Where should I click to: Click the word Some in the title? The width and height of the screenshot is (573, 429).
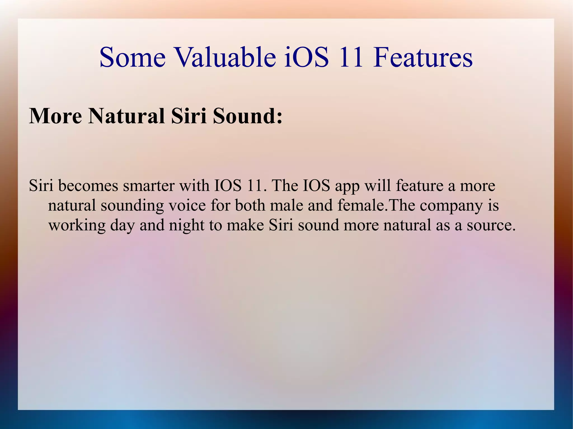[133, 57]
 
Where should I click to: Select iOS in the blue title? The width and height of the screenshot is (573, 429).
[307, 57]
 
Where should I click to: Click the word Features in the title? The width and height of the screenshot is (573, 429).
[423, 57]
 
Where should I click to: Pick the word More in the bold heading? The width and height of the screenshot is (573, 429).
[55, 116]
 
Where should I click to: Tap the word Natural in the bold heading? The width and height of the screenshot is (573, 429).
[126, 116]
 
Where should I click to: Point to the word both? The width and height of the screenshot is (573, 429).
[250, 205]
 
